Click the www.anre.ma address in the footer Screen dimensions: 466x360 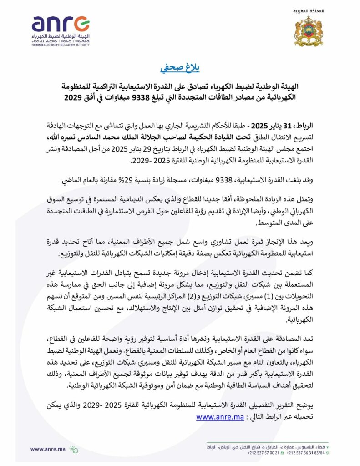click(47, 449)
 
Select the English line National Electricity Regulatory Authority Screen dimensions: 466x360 click(60, 45)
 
